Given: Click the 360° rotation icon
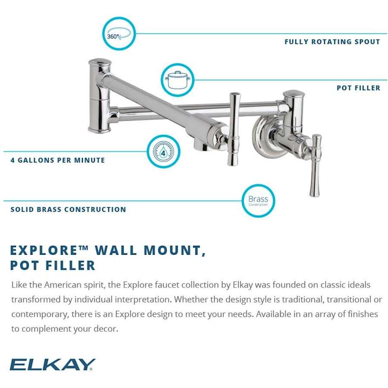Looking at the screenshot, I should tap(119, 34).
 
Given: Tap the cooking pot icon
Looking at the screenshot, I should tap(177, 80).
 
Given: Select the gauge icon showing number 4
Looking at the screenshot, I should tap(163, 152).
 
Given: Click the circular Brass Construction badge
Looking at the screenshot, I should tap(258, 200).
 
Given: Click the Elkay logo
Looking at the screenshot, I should tap(52, 364).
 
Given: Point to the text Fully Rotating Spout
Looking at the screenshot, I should tap(332, 42).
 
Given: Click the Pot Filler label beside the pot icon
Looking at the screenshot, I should tap(358, 88).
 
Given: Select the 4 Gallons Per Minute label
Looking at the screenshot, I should tap(58, 160).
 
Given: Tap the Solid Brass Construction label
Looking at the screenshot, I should tap(68, 210).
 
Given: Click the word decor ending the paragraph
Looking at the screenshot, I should tap(105, 329).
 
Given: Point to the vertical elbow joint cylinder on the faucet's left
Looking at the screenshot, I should tap(100, 96).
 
